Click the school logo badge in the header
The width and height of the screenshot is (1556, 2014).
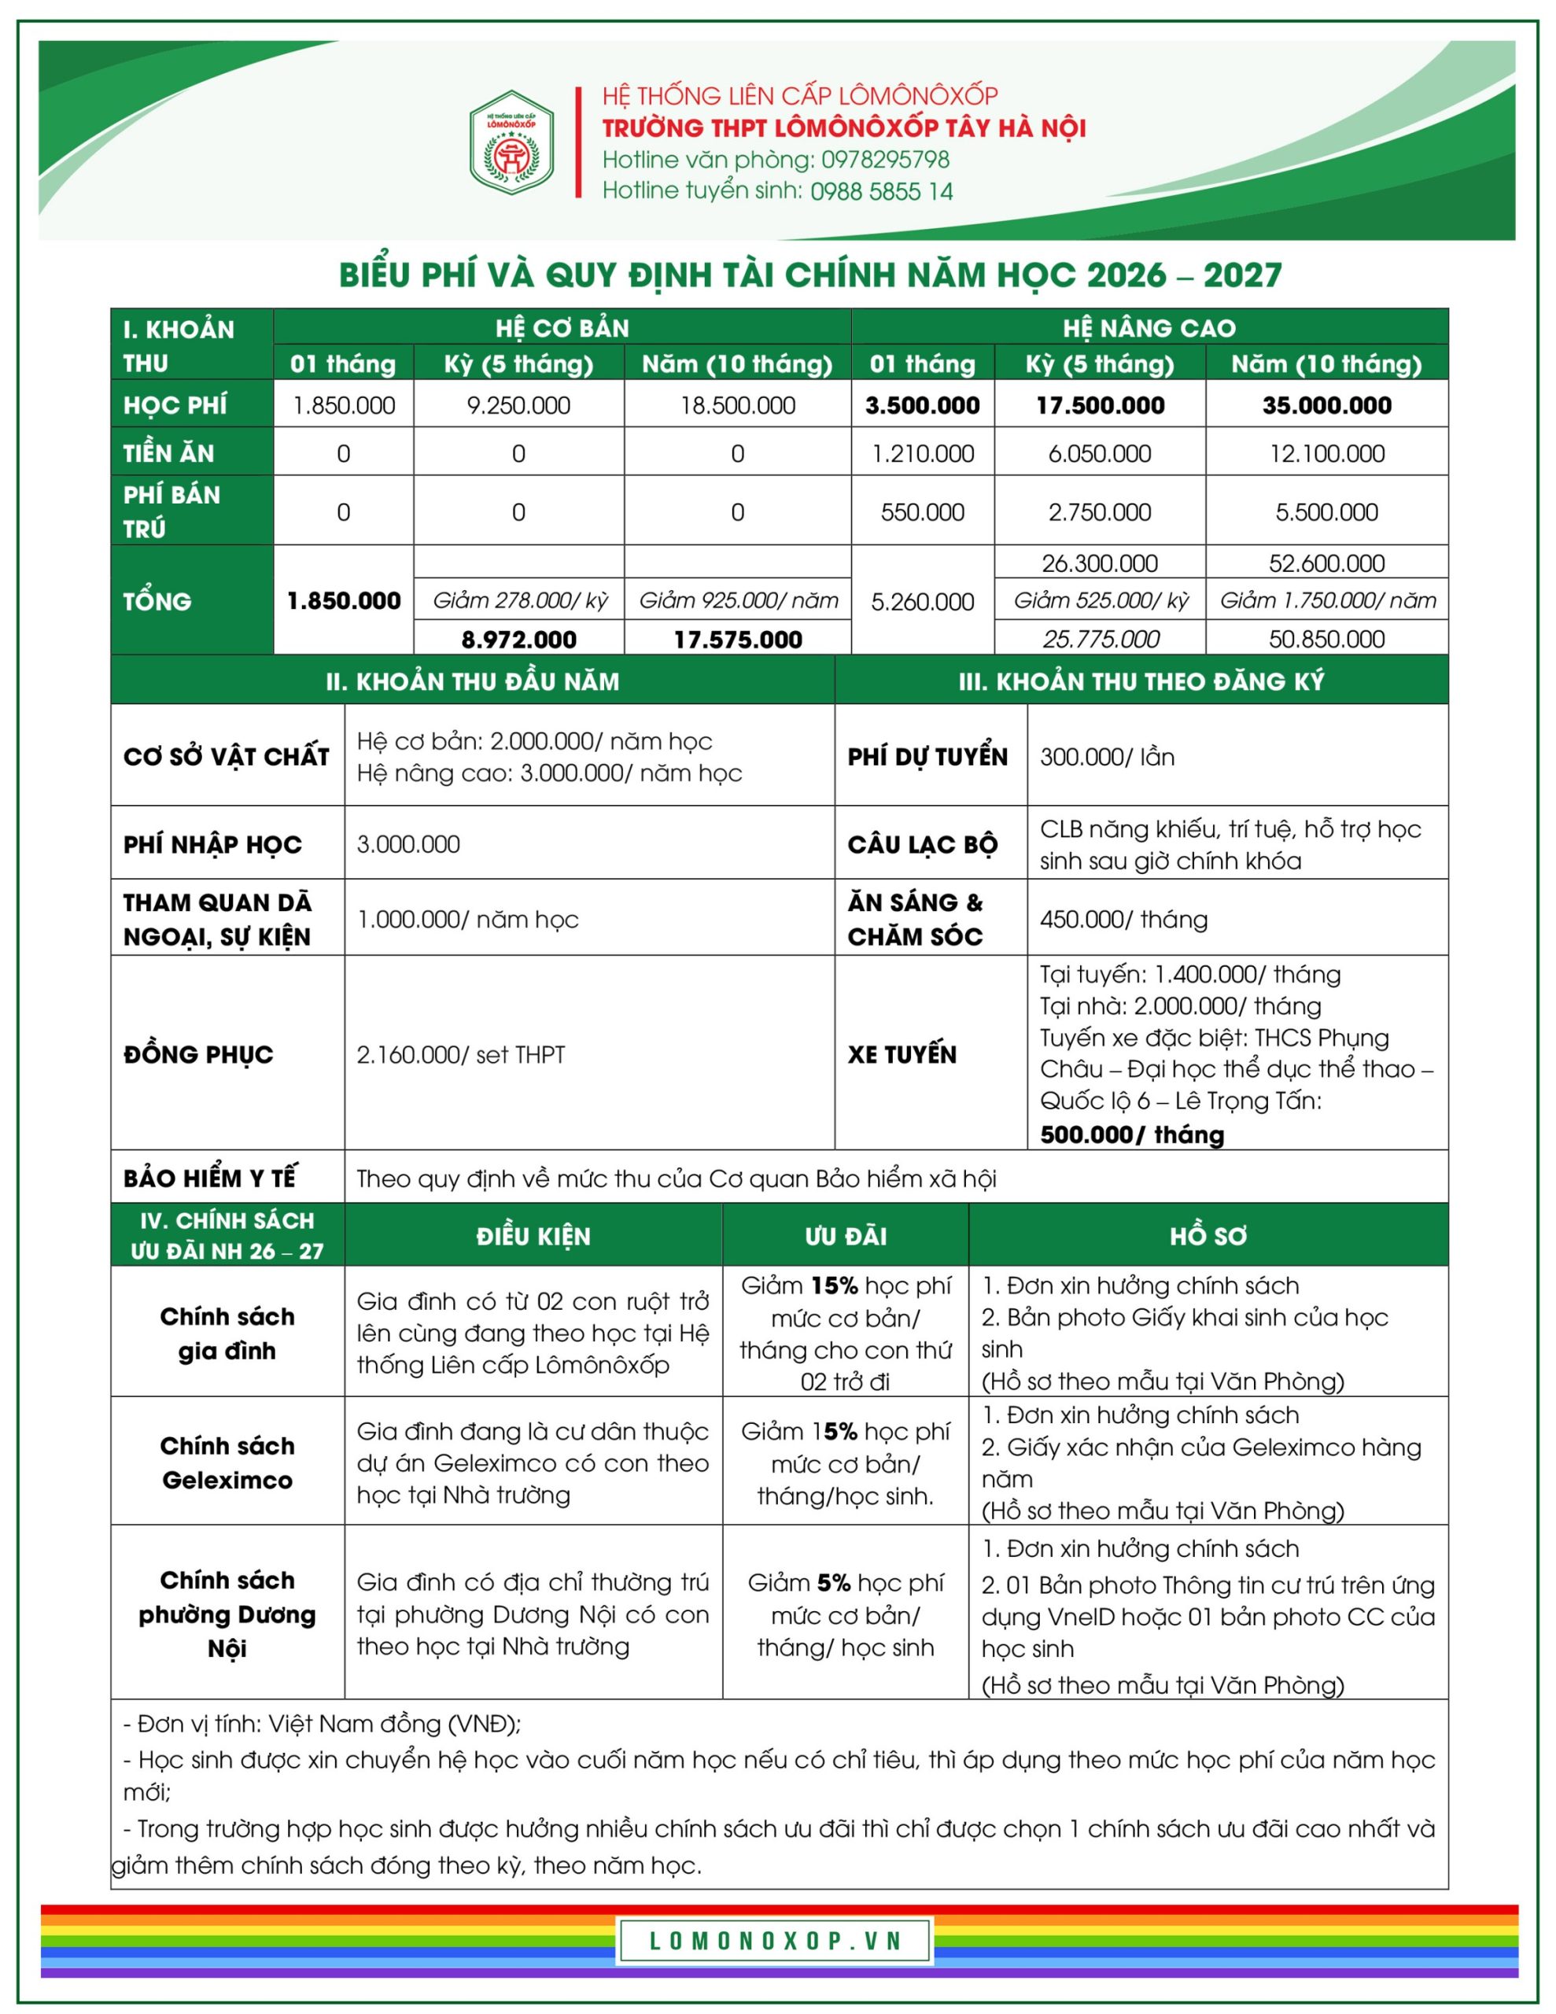tap(511, 142)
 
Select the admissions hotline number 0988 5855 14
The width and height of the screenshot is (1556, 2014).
tap(881, 191)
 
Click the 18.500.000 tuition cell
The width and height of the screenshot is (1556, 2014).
tap(737, 406)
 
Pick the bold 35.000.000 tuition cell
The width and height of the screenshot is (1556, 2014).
tap(1326, 406)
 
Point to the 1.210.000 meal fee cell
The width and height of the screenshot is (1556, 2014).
tap(922, 454)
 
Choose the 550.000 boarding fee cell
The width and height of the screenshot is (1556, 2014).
tap(922, 513)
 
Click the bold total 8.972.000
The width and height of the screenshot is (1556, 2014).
tap(518, 639)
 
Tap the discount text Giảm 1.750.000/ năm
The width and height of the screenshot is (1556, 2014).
tap(1327, 601)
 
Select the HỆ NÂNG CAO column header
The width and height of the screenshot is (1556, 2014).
tap(1149, 328)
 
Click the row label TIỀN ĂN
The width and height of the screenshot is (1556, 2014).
tap(169, 454)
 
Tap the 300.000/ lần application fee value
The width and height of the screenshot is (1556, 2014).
tap(1107, 757)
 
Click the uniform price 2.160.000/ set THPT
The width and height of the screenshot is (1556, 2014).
tap(460, 1054)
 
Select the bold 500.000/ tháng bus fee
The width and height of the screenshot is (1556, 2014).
tap(1132, 1134)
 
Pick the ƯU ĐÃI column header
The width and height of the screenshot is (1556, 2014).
tap(845, 1236)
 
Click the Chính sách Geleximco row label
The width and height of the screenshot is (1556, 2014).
tap(227, 1463)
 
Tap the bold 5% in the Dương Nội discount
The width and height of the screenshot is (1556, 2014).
tap(834, 1582)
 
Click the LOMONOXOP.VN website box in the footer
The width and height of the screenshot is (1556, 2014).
tap(776, 1940)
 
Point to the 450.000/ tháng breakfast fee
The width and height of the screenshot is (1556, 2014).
tap(1123, 920)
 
